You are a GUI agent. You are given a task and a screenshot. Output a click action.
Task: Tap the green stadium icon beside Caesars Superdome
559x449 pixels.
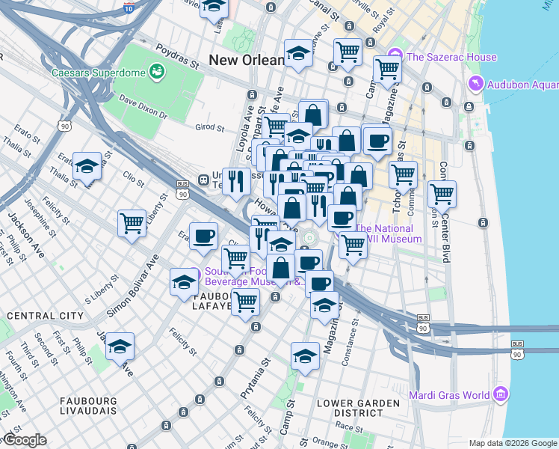[157, 72]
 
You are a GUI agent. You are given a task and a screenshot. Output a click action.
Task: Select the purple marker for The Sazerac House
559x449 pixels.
[395, 56]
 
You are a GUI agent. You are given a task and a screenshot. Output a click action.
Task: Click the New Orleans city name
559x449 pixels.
[247, 60]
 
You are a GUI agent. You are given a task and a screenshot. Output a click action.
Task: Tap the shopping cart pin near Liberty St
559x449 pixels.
[132, 223]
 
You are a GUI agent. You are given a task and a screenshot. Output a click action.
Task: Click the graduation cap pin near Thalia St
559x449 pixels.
[88, 166]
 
